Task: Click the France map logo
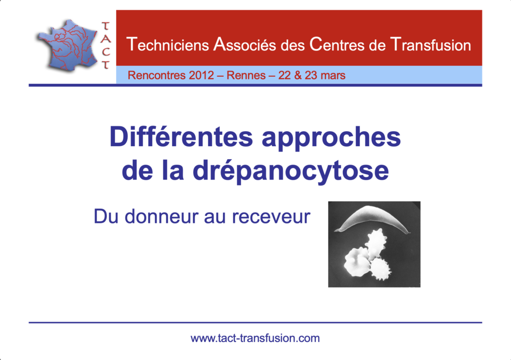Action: [x=68, y=45]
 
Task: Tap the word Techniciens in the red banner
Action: [x=168, y=44]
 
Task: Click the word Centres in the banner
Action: [x=337, y=44]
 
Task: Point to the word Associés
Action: [x=245, y=44]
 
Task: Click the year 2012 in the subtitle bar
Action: [x=202, y=75]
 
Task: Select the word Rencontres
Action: [x=157, y=75]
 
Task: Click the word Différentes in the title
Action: [x=181, y=137]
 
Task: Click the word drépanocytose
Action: [x=291, y=171]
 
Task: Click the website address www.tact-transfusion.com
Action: [x=255, y=338]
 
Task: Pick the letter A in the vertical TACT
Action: [x=106, y=39]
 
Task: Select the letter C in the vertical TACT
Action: [x=106, y=52]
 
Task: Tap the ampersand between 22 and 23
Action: [x=297, y=75]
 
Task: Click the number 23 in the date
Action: [x=311, y=75]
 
